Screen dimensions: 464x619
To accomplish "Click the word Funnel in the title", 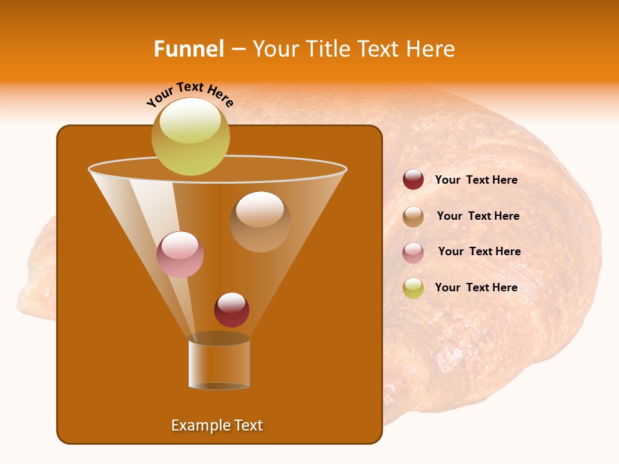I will [x=188, y=49].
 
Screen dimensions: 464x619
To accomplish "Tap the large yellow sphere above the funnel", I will [x=190, y=137].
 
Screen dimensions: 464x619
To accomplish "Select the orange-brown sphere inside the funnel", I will [x=260, y=221].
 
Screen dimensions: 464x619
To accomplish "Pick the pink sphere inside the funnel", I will [x=181, y=255].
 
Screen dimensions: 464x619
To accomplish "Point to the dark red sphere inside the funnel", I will [x=231, y=309].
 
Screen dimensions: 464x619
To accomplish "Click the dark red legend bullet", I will [x=413, y=180].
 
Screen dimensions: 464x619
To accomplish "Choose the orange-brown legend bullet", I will [x=413, y=217].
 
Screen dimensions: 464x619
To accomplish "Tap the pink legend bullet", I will [x=413, y=252].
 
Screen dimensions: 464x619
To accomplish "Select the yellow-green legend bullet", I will [x=413, y=288].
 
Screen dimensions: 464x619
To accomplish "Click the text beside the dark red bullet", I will [x=476, y=180].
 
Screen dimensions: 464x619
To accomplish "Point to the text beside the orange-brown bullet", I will [x=478, y=217].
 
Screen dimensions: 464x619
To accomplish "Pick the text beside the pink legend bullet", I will [x=479, y=252].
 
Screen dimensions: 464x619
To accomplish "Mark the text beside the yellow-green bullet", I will [x=476, y=287].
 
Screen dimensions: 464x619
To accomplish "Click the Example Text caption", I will [x=217, y=425].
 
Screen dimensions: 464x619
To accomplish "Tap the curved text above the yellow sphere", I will [x=190, y=93].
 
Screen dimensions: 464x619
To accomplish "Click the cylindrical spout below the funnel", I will [x=219, y=364].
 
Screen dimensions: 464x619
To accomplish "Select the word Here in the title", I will [x=431, y=49].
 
